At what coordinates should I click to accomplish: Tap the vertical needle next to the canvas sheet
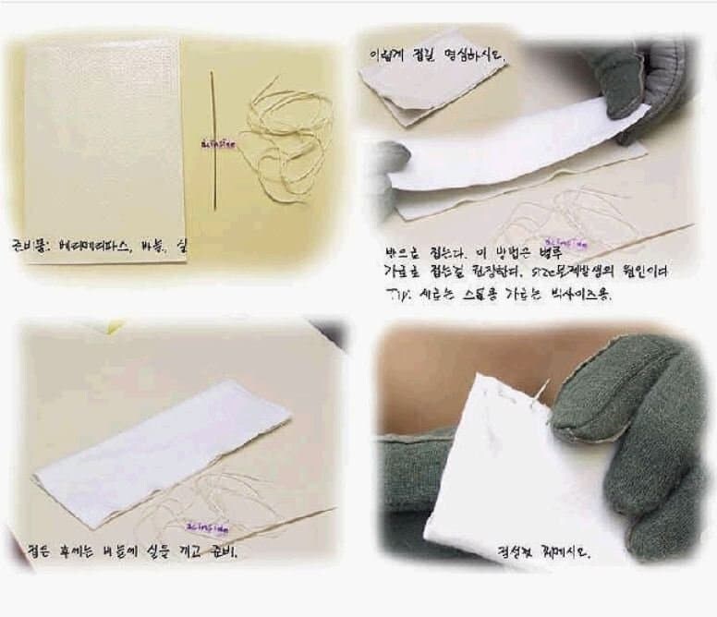tap(213, 139)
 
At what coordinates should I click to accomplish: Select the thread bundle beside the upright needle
tap(286, 139)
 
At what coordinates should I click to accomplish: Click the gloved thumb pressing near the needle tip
tap(591, 406)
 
